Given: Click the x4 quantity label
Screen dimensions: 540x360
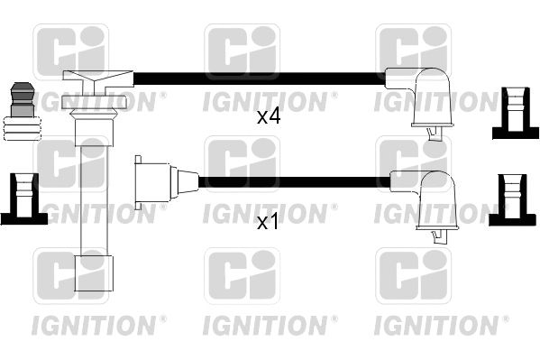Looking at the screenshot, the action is (x=269, y=116).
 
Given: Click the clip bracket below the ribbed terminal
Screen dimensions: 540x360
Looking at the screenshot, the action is (x=20, y=198).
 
